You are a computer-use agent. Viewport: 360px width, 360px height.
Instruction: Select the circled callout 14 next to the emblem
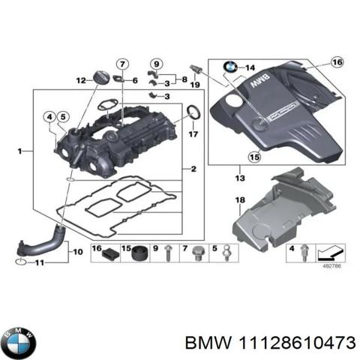click(250, 67)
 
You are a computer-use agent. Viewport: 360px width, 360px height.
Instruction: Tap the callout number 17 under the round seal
click(193, 135)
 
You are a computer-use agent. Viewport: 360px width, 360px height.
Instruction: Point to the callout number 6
click(134, 79)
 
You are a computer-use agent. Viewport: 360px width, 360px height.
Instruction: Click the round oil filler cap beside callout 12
click(102, 77)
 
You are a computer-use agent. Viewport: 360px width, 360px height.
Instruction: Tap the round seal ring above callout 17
click(193, 114)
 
